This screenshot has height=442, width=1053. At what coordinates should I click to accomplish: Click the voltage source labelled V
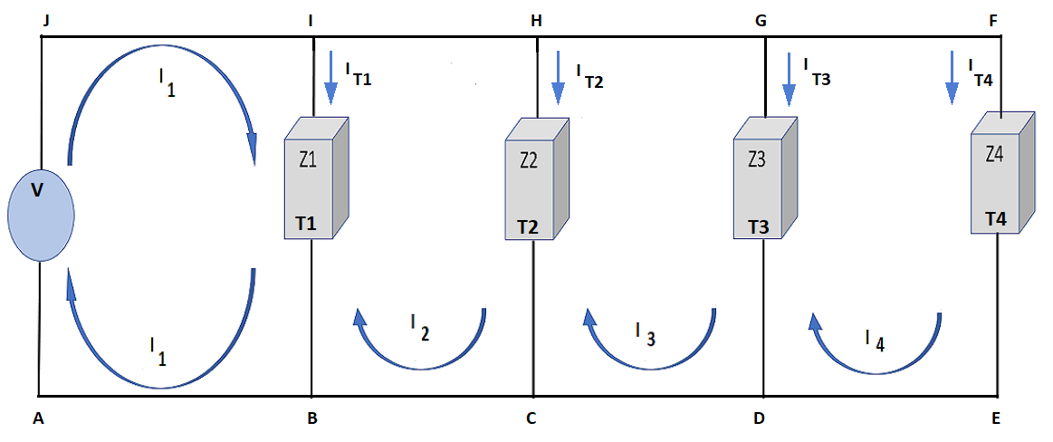pos(40,216)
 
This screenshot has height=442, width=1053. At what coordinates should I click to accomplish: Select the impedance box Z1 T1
pos(316,178)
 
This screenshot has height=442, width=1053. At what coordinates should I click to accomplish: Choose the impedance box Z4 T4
pos(1000,173)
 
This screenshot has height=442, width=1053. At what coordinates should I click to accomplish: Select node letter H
pos(536,20)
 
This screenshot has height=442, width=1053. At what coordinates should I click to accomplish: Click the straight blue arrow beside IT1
pos(330,80)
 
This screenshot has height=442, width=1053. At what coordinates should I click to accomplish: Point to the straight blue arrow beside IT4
pos(952,78)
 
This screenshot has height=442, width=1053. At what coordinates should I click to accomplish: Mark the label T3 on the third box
pos(759,226)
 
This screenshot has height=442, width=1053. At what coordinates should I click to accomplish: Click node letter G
pos(762,20)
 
